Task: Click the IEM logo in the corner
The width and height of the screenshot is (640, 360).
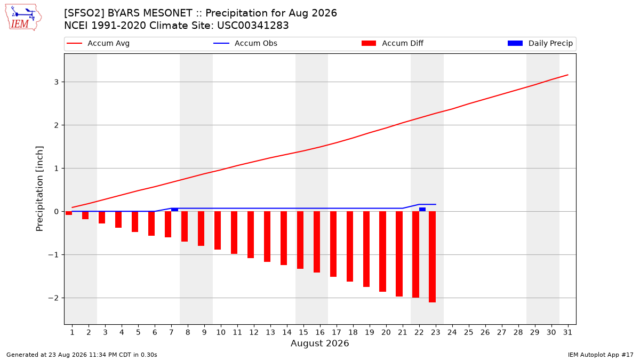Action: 23,18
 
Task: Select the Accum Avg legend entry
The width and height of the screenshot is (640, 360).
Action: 98,43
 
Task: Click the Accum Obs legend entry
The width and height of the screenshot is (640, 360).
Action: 245,43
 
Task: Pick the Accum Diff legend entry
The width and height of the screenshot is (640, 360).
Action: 393,43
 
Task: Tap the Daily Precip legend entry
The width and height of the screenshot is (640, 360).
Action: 540,43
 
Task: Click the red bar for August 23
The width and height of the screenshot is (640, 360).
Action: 433,257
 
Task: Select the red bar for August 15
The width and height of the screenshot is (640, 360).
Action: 300,240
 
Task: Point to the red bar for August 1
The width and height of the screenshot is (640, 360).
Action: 69,213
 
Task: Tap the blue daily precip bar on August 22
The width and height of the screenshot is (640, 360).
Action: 422,210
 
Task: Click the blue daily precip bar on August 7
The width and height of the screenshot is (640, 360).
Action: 174,210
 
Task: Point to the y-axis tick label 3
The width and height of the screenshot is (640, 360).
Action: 57,82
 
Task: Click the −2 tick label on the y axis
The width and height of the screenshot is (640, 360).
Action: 53,298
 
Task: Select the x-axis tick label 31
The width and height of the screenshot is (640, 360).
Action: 567,332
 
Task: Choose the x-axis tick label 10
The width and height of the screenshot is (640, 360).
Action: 221,332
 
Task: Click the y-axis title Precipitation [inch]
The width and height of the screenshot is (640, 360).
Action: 39,189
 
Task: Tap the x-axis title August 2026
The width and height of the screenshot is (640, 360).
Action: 319,343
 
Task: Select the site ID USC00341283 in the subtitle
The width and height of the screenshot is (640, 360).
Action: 253,26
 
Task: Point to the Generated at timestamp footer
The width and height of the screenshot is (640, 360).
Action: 82,355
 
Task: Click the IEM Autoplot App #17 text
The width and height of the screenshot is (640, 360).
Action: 601,355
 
